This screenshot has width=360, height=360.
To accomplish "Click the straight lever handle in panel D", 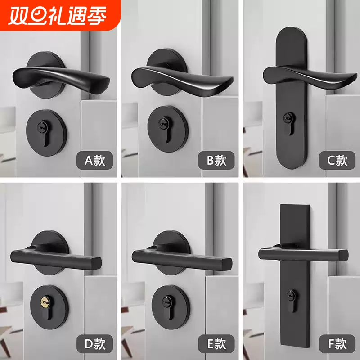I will pos(54,257).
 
